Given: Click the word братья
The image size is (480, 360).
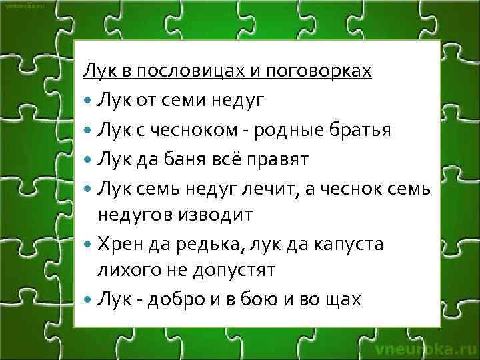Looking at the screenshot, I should click(x=367, y=130).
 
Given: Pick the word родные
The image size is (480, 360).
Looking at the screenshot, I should click(x=295, y=130).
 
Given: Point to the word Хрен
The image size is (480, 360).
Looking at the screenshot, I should click(x=119, y=243).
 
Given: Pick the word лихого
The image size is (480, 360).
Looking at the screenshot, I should click(x=126, y=271).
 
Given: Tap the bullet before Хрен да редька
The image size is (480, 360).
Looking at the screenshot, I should click(x=89, y=244).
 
